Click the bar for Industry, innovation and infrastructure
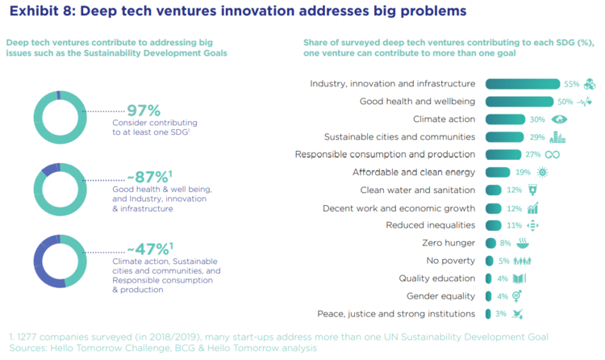[522, 84]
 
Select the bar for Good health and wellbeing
[519, 102]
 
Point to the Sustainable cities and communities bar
[504, 137]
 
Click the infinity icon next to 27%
[553, 154]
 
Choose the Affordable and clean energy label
[414, 172]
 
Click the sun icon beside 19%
[542, 172]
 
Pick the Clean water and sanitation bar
[493, 190]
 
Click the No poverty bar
[490, 261]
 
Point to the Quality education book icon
[522, 278]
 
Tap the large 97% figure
[144, 111]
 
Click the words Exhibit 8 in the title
[41, 12]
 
